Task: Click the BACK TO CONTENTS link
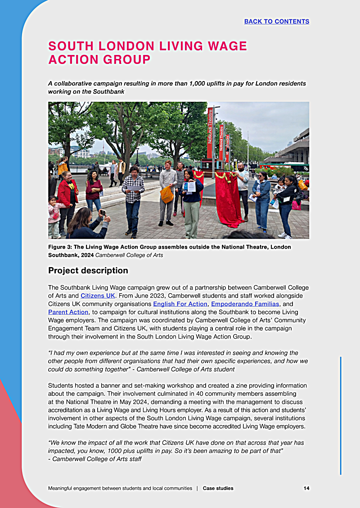click(276, 21)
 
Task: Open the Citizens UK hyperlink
click(98, 295)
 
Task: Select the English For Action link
click(180, 304)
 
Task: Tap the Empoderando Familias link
click(245, 304)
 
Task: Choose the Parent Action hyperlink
click(68, 312)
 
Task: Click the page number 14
click(306, 488)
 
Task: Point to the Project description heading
click(88, 271)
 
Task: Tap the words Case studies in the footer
click(218, 488)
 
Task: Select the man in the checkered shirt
click(133, 198)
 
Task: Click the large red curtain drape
click(228, 198)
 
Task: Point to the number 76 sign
click(306, 168)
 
